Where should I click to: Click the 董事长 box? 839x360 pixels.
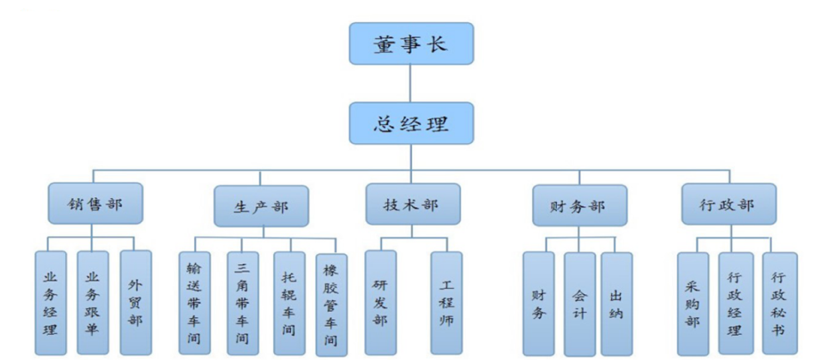[411, 44]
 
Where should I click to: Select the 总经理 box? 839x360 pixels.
[411, 123]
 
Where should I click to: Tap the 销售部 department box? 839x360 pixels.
[95, 203]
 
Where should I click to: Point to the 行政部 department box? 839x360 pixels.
[729, 203]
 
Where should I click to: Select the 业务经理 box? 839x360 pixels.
[51, 302]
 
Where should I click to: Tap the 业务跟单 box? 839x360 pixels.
[92, 302]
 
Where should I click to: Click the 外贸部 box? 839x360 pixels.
[135, 302]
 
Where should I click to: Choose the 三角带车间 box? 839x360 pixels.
[243, 302]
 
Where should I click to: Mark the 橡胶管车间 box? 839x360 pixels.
[331, 304]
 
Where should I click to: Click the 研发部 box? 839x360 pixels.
[380, 302]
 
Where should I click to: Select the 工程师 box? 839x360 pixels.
[446, 302]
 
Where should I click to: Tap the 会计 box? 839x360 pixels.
[580, 304]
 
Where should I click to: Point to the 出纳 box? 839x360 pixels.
[617, 304]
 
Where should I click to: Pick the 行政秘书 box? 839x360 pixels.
[780, 304]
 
